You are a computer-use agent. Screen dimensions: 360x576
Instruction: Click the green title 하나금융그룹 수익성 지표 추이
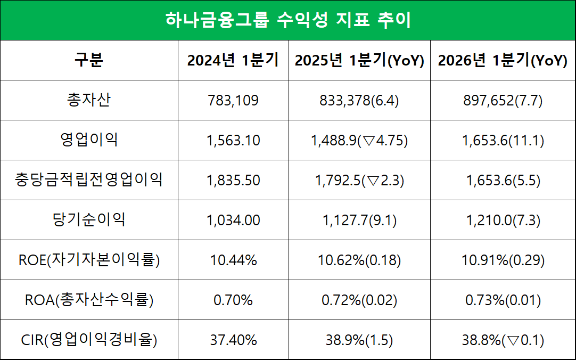287,20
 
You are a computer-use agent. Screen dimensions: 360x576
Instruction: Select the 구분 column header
89,60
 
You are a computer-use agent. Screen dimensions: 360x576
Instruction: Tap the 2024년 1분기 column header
233,60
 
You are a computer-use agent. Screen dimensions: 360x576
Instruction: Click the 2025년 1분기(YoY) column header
359,60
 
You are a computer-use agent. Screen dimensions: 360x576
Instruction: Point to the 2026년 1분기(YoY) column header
503,60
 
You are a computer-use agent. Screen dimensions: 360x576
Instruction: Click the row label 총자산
89,100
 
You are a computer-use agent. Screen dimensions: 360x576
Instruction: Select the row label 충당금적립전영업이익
89,180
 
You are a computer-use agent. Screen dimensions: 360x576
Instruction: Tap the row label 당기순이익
89,220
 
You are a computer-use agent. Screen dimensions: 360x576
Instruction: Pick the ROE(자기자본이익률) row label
89,260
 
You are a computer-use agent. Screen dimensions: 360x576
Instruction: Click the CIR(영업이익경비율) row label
89,340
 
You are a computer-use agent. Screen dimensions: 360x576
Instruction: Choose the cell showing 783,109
233,100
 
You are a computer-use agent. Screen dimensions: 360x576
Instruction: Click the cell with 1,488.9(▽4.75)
359,140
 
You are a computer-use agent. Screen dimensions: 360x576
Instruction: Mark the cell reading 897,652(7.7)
503,100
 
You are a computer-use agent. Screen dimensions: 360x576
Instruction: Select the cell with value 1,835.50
233,180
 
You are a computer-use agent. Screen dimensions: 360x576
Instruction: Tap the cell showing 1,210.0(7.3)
503,220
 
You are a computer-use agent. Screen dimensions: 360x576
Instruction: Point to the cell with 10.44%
233,260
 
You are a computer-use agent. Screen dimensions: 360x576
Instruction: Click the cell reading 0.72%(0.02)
359,300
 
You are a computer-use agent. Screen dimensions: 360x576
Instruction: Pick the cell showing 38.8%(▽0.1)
503,340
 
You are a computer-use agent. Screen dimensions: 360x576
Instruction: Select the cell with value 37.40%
233,340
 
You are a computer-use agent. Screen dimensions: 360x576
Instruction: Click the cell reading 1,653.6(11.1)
503,140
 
